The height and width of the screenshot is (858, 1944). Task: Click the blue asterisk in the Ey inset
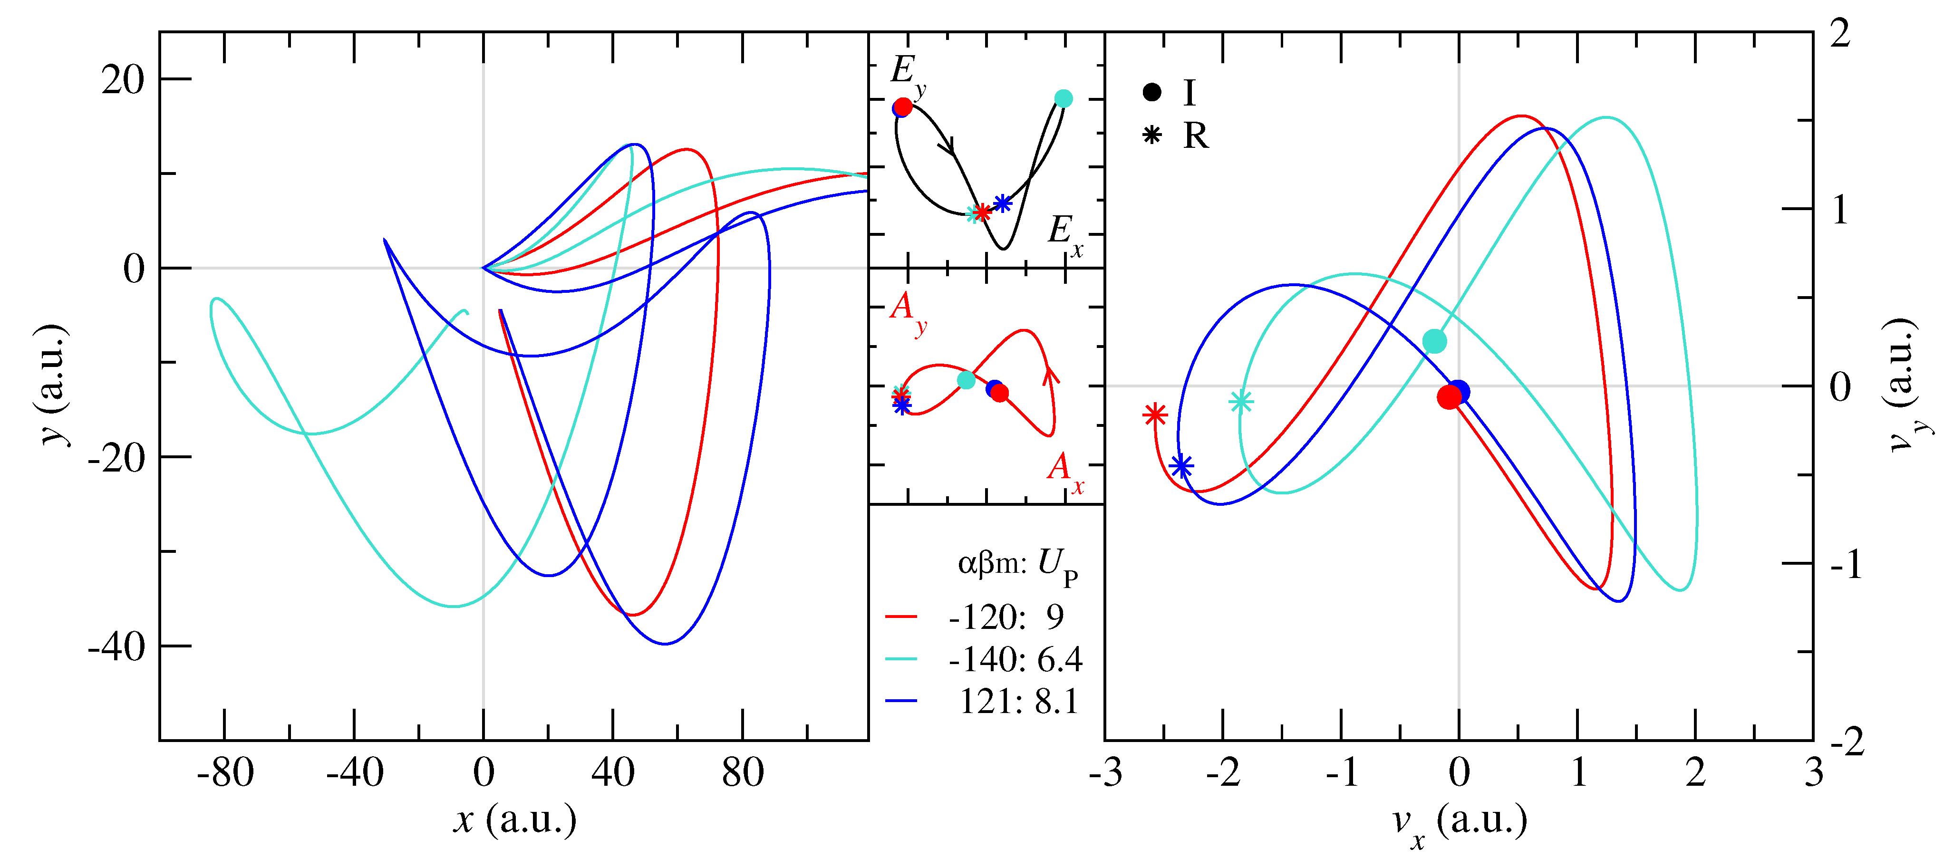pyautogui.click(x=1002, y=203)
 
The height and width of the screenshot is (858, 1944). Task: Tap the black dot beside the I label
pyautogui.click(x=1151, y=93)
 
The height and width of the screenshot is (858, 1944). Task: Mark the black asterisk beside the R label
pyautogui.click(x=1151, y=136)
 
